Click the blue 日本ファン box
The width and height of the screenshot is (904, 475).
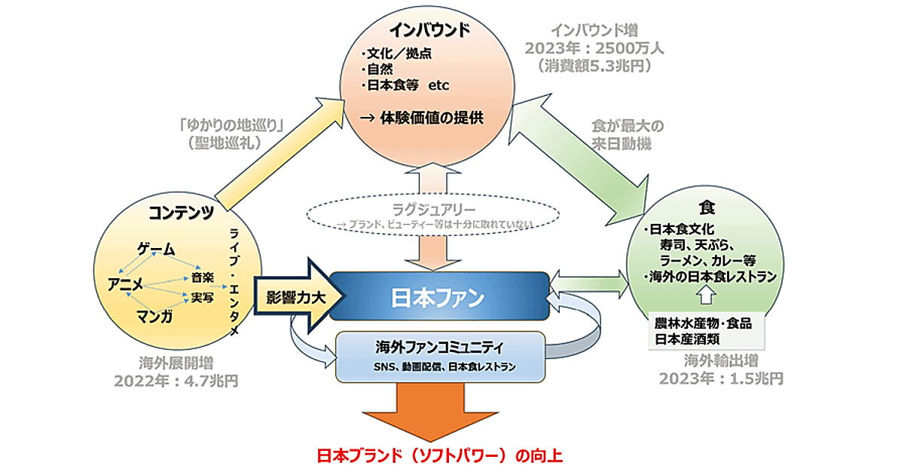pyautogui.click(x=437, y=296)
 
